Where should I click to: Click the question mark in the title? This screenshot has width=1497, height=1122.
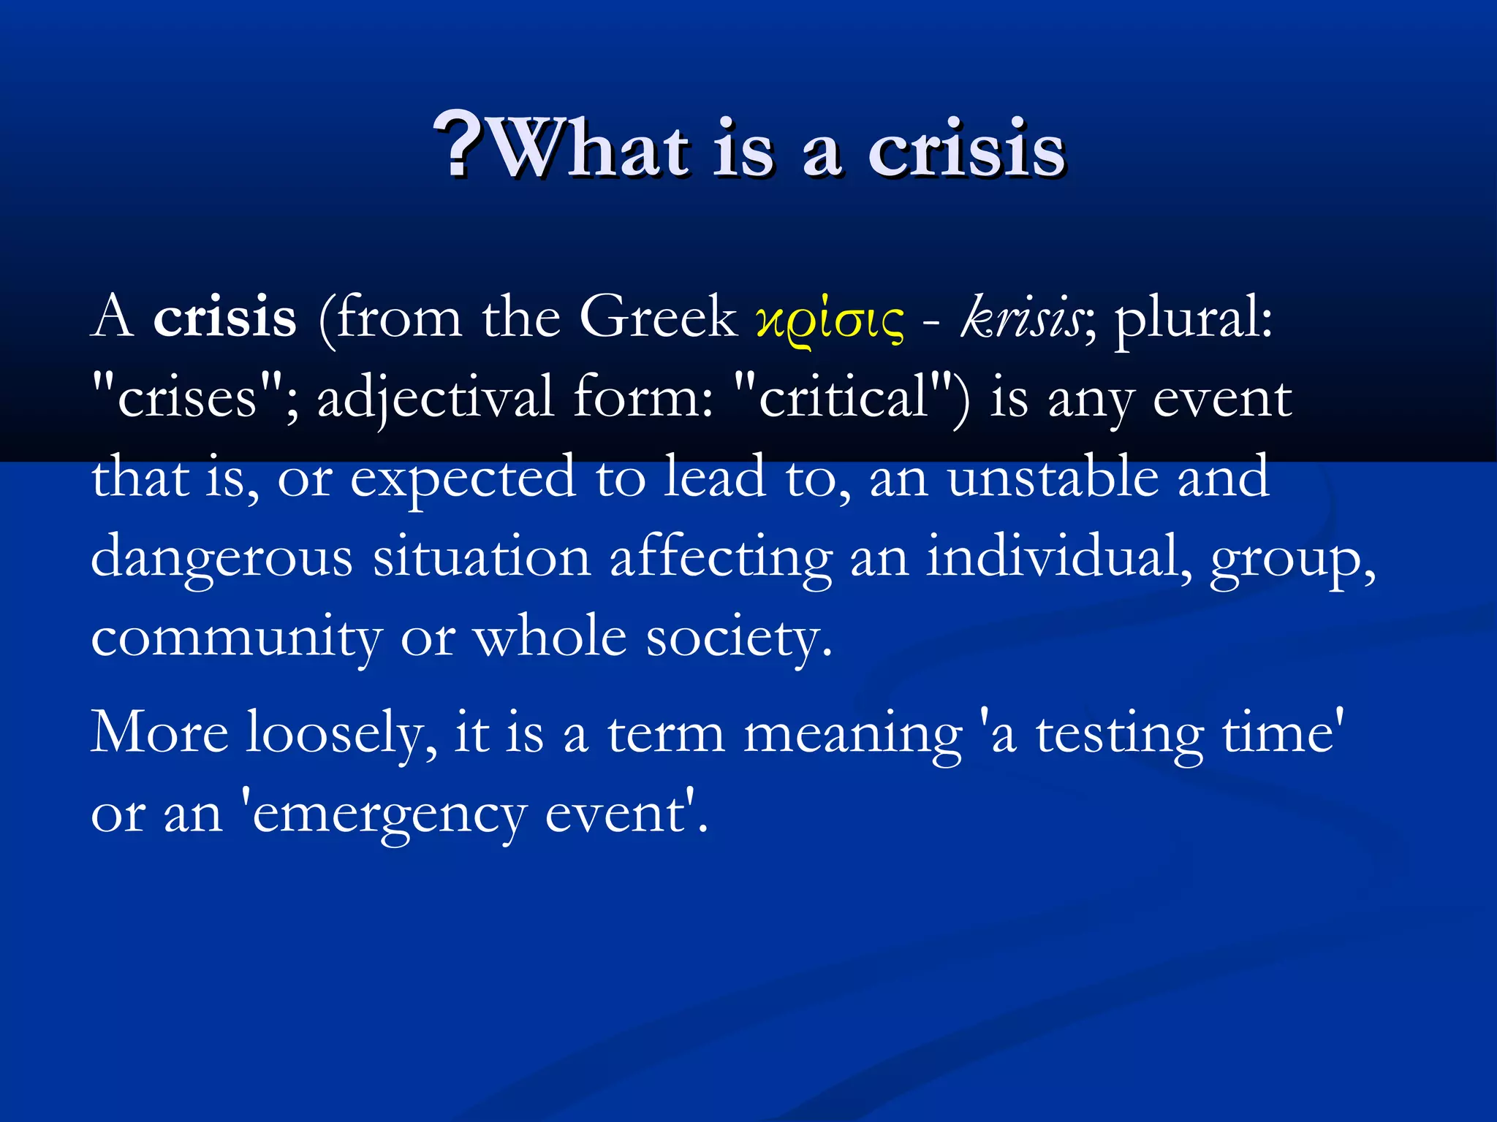458,147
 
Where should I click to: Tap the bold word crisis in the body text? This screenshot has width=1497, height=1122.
224,318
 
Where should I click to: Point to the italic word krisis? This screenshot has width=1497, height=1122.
1020,318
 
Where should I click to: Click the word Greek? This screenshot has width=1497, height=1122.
658,318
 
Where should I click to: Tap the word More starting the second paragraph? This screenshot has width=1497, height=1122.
159,733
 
